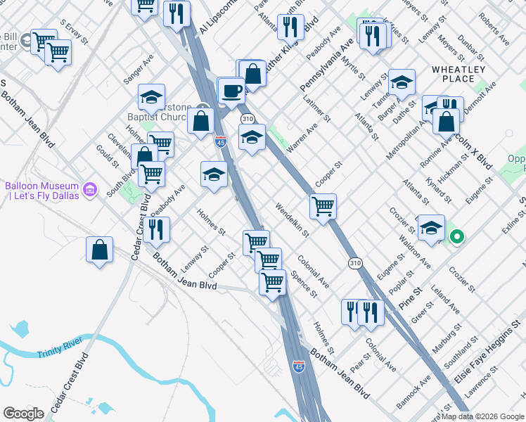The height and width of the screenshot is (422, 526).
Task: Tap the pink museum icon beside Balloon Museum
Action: tap(89, 188)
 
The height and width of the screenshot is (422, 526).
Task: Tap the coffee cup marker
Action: tap(231, 91)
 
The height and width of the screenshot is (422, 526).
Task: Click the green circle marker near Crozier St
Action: tap(456, 238)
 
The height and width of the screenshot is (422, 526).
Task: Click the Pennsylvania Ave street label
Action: tap(328, 64)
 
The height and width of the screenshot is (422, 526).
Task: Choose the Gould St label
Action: tap(106, 157)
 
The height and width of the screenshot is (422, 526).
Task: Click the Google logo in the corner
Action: tap(23, 414)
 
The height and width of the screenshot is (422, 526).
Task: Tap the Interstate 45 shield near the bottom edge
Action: tap(298, 367)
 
